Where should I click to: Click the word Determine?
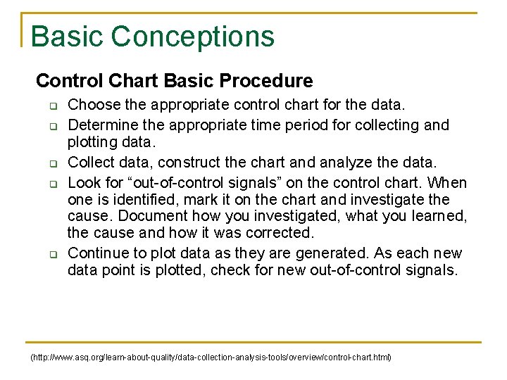(x=99, y=125)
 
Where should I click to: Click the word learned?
(x=439, y=216)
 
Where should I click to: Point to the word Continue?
(x=97, y=253)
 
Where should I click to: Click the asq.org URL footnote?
(x=211, y=357)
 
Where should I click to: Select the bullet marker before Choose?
(x=51, y=107)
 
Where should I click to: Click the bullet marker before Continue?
(x=51, y=254)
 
